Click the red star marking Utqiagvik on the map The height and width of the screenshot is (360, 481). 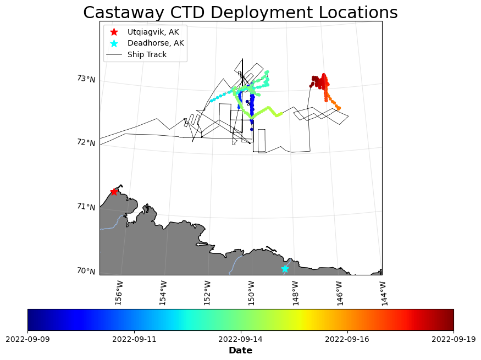(x=114, y=192)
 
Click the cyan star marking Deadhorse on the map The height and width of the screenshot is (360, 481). (x=285, y=269)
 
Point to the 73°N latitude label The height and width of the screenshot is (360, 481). (x=86, y=79)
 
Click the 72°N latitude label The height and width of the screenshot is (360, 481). (x=86, y=143)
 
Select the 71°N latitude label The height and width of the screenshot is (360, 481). (x=86, y=207)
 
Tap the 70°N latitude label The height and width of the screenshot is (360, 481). (x=86, y=271)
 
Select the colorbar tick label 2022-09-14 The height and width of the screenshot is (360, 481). (x=241, y=339)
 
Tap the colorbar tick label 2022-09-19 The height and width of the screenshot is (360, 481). (x=454, y=339)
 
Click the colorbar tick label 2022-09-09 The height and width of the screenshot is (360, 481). (x=27, y=339)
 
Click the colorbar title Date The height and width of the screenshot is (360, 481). (x=240, y=351)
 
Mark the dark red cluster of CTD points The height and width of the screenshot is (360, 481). (x=316, y=81)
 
